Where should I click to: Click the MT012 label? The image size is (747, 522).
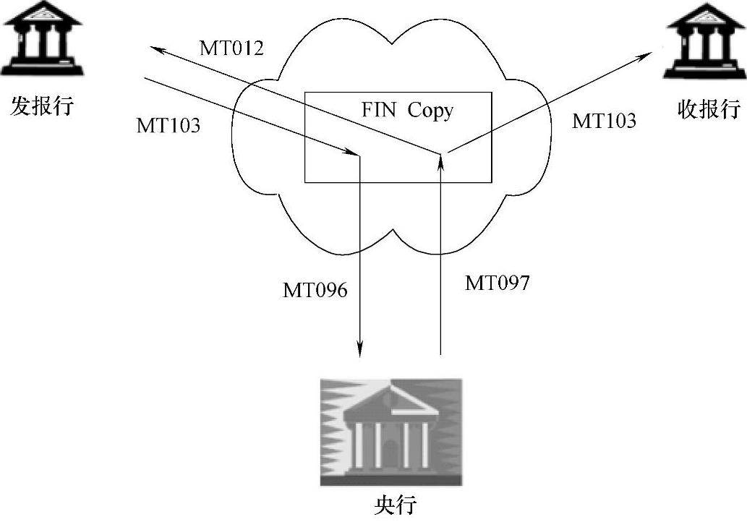[x=231, y=48]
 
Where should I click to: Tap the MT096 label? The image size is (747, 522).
[x=315, y=291]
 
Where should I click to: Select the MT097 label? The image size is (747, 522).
[x=497, y=283]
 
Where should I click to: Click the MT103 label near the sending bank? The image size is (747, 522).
[x=168, y=125]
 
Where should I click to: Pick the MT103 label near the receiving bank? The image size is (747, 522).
[x=604, y=121]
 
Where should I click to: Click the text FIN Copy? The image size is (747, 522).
[x=407, y=110]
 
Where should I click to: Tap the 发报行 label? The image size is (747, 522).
[x=42, y=107]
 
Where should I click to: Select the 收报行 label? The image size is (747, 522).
[x=709, y=108]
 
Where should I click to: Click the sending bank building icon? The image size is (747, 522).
[x=41, y=39]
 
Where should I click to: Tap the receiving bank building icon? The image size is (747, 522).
[x=705, y=40]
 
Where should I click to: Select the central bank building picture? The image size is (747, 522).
[x=390, y=432]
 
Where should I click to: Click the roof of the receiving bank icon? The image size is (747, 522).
[x=705, y=16]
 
